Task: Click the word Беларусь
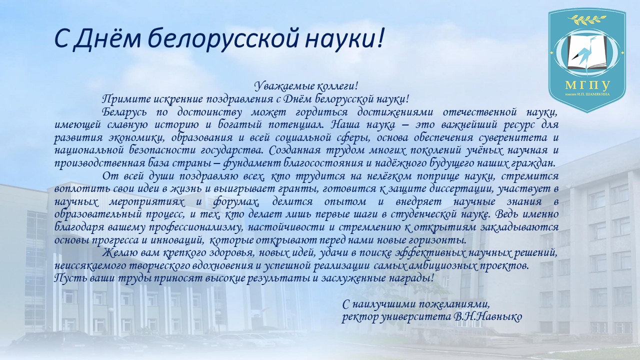[125, 112]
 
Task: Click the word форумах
[236, 202]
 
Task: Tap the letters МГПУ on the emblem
[587, 84]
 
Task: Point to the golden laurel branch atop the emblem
[586, 20]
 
